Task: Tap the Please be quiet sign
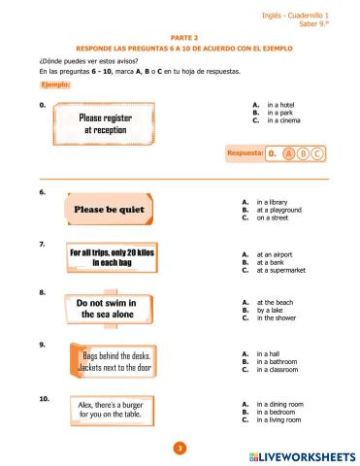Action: [x=108, y=209]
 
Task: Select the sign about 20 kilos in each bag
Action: [x=111, y=257]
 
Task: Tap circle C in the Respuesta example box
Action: [x=316, y=153]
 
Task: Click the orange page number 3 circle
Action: [x=179, y=447]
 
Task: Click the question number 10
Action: [x=45, y=398]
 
